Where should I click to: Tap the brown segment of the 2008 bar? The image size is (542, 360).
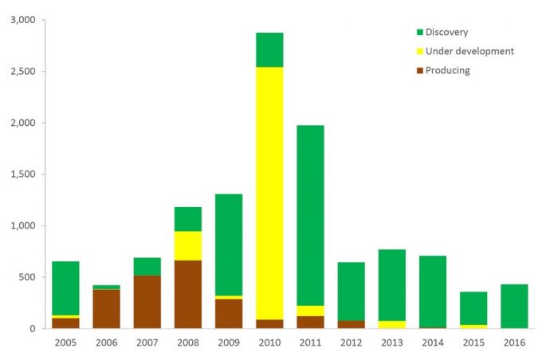point(187,294)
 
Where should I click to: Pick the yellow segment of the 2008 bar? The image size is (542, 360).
point(187,245)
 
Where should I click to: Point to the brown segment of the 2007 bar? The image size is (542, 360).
point(147,302)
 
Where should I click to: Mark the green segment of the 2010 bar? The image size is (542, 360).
point(269,49)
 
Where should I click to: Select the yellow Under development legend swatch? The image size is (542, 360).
point(418,52)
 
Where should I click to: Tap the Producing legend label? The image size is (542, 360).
point(448,70)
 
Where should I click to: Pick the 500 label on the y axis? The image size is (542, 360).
point(29,277)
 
